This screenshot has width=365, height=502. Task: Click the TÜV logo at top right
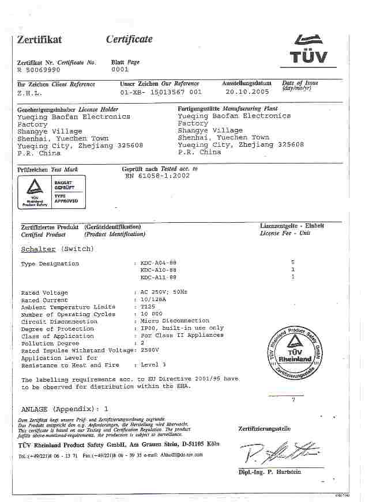[x=310, y=48]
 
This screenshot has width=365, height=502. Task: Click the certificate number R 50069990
[x=39, y=70]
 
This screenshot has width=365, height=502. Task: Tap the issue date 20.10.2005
[x=247, y=92]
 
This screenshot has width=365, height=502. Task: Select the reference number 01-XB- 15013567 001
[x=161, y=92]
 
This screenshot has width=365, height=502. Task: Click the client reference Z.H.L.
[x=28, y=92]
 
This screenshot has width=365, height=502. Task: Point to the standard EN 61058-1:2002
[x=157, y=176]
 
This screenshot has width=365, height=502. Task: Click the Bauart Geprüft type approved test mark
[x=51, y=192]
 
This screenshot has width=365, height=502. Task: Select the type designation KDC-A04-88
[x=159, y=263]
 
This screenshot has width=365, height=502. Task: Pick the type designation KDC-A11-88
[x=159, y=277]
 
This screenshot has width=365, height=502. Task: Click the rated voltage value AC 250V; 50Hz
[x=164, y=293]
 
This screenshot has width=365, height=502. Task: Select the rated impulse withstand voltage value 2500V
[x=150, y=351]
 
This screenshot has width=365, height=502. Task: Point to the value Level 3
[x=153, y=365]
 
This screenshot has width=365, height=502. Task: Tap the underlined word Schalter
[x=38, y=249]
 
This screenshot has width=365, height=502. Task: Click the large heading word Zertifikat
[x=39, y=40]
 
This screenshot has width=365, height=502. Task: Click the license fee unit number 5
[x=293, y=263]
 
